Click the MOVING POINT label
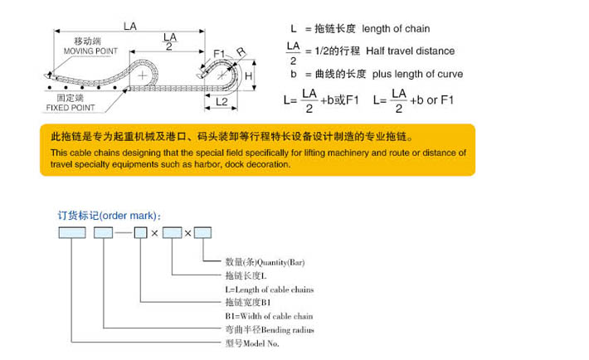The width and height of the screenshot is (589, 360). click(x=90, y=51)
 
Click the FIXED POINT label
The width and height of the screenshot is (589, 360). click(x=71, y=108)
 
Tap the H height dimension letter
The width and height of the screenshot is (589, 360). click(x=248, y=76)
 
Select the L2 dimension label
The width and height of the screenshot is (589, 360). click(x=221, y=101)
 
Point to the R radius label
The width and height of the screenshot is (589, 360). click(x=241, y=52)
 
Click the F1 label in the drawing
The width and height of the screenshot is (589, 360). click(x=219, y=54)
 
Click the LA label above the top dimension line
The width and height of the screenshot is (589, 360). click(x=130, y=27)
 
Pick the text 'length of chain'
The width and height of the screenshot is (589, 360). click(x=396, y=29)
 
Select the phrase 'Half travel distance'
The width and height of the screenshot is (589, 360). click(x=410, y=51)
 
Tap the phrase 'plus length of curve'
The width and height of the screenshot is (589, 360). click(x=417, y=74)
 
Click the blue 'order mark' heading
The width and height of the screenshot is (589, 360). click(x=110, y=216)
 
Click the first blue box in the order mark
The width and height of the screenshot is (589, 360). click(x=72, y=232)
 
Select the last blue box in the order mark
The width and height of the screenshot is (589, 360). click(x=202, y=232)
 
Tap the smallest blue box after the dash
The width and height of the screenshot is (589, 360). click(x=140, y=232)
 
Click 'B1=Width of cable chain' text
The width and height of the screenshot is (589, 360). click(x=269, y=316)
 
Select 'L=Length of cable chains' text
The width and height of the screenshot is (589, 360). click(x=270, y=289)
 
